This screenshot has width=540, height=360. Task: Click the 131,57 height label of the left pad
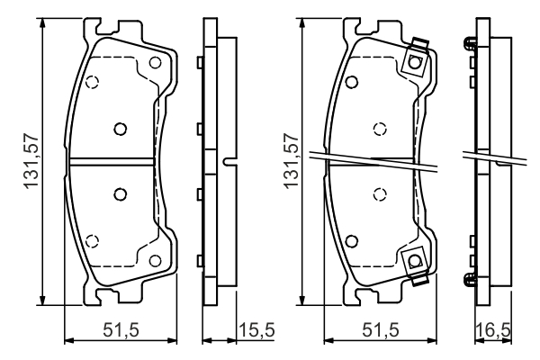pyautogui.click(x=31, y=161)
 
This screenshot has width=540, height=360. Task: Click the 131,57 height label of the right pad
pyautogui.click(x=291, y=161)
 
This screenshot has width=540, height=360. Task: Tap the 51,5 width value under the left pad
pyautogui.click(x=121, y=330)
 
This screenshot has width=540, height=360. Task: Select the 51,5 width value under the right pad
pyautogui.click(x=380, y=330)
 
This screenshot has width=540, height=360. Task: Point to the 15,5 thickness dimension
pyautogui.click(x=256, y=330)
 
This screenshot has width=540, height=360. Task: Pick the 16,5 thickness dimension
pyautogui.click(x=493, y=330)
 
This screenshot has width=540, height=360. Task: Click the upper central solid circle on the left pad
pyautogui.click(x=121, y=130)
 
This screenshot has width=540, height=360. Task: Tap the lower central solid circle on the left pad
pyautogui.click(x=121, y=194)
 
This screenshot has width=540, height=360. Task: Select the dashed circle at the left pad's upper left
pyautogui.click(x=92, y=82)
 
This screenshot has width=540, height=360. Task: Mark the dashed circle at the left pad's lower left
pyautogui.click(x=92, y=241)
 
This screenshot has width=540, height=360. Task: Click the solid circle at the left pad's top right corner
pyautogui.click(x=155, y=63)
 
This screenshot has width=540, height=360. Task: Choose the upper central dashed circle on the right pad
pyautogui.click(x=380, y=130)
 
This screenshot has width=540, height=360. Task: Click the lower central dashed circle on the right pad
pyautogui.click(x=380, y=194)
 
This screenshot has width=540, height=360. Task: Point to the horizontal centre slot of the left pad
pyautogui.click(x=112, y=161)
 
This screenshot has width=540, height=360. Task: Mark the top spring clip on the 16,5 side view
pyautogui.click(x=470, y=44)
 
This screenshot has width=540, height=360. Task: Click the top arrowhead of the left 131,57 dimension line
pyautogui.click(x=42, y=23)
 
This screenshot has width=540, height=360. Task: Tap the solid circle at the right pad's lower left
pyautogui.click(x=351, y=241)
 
